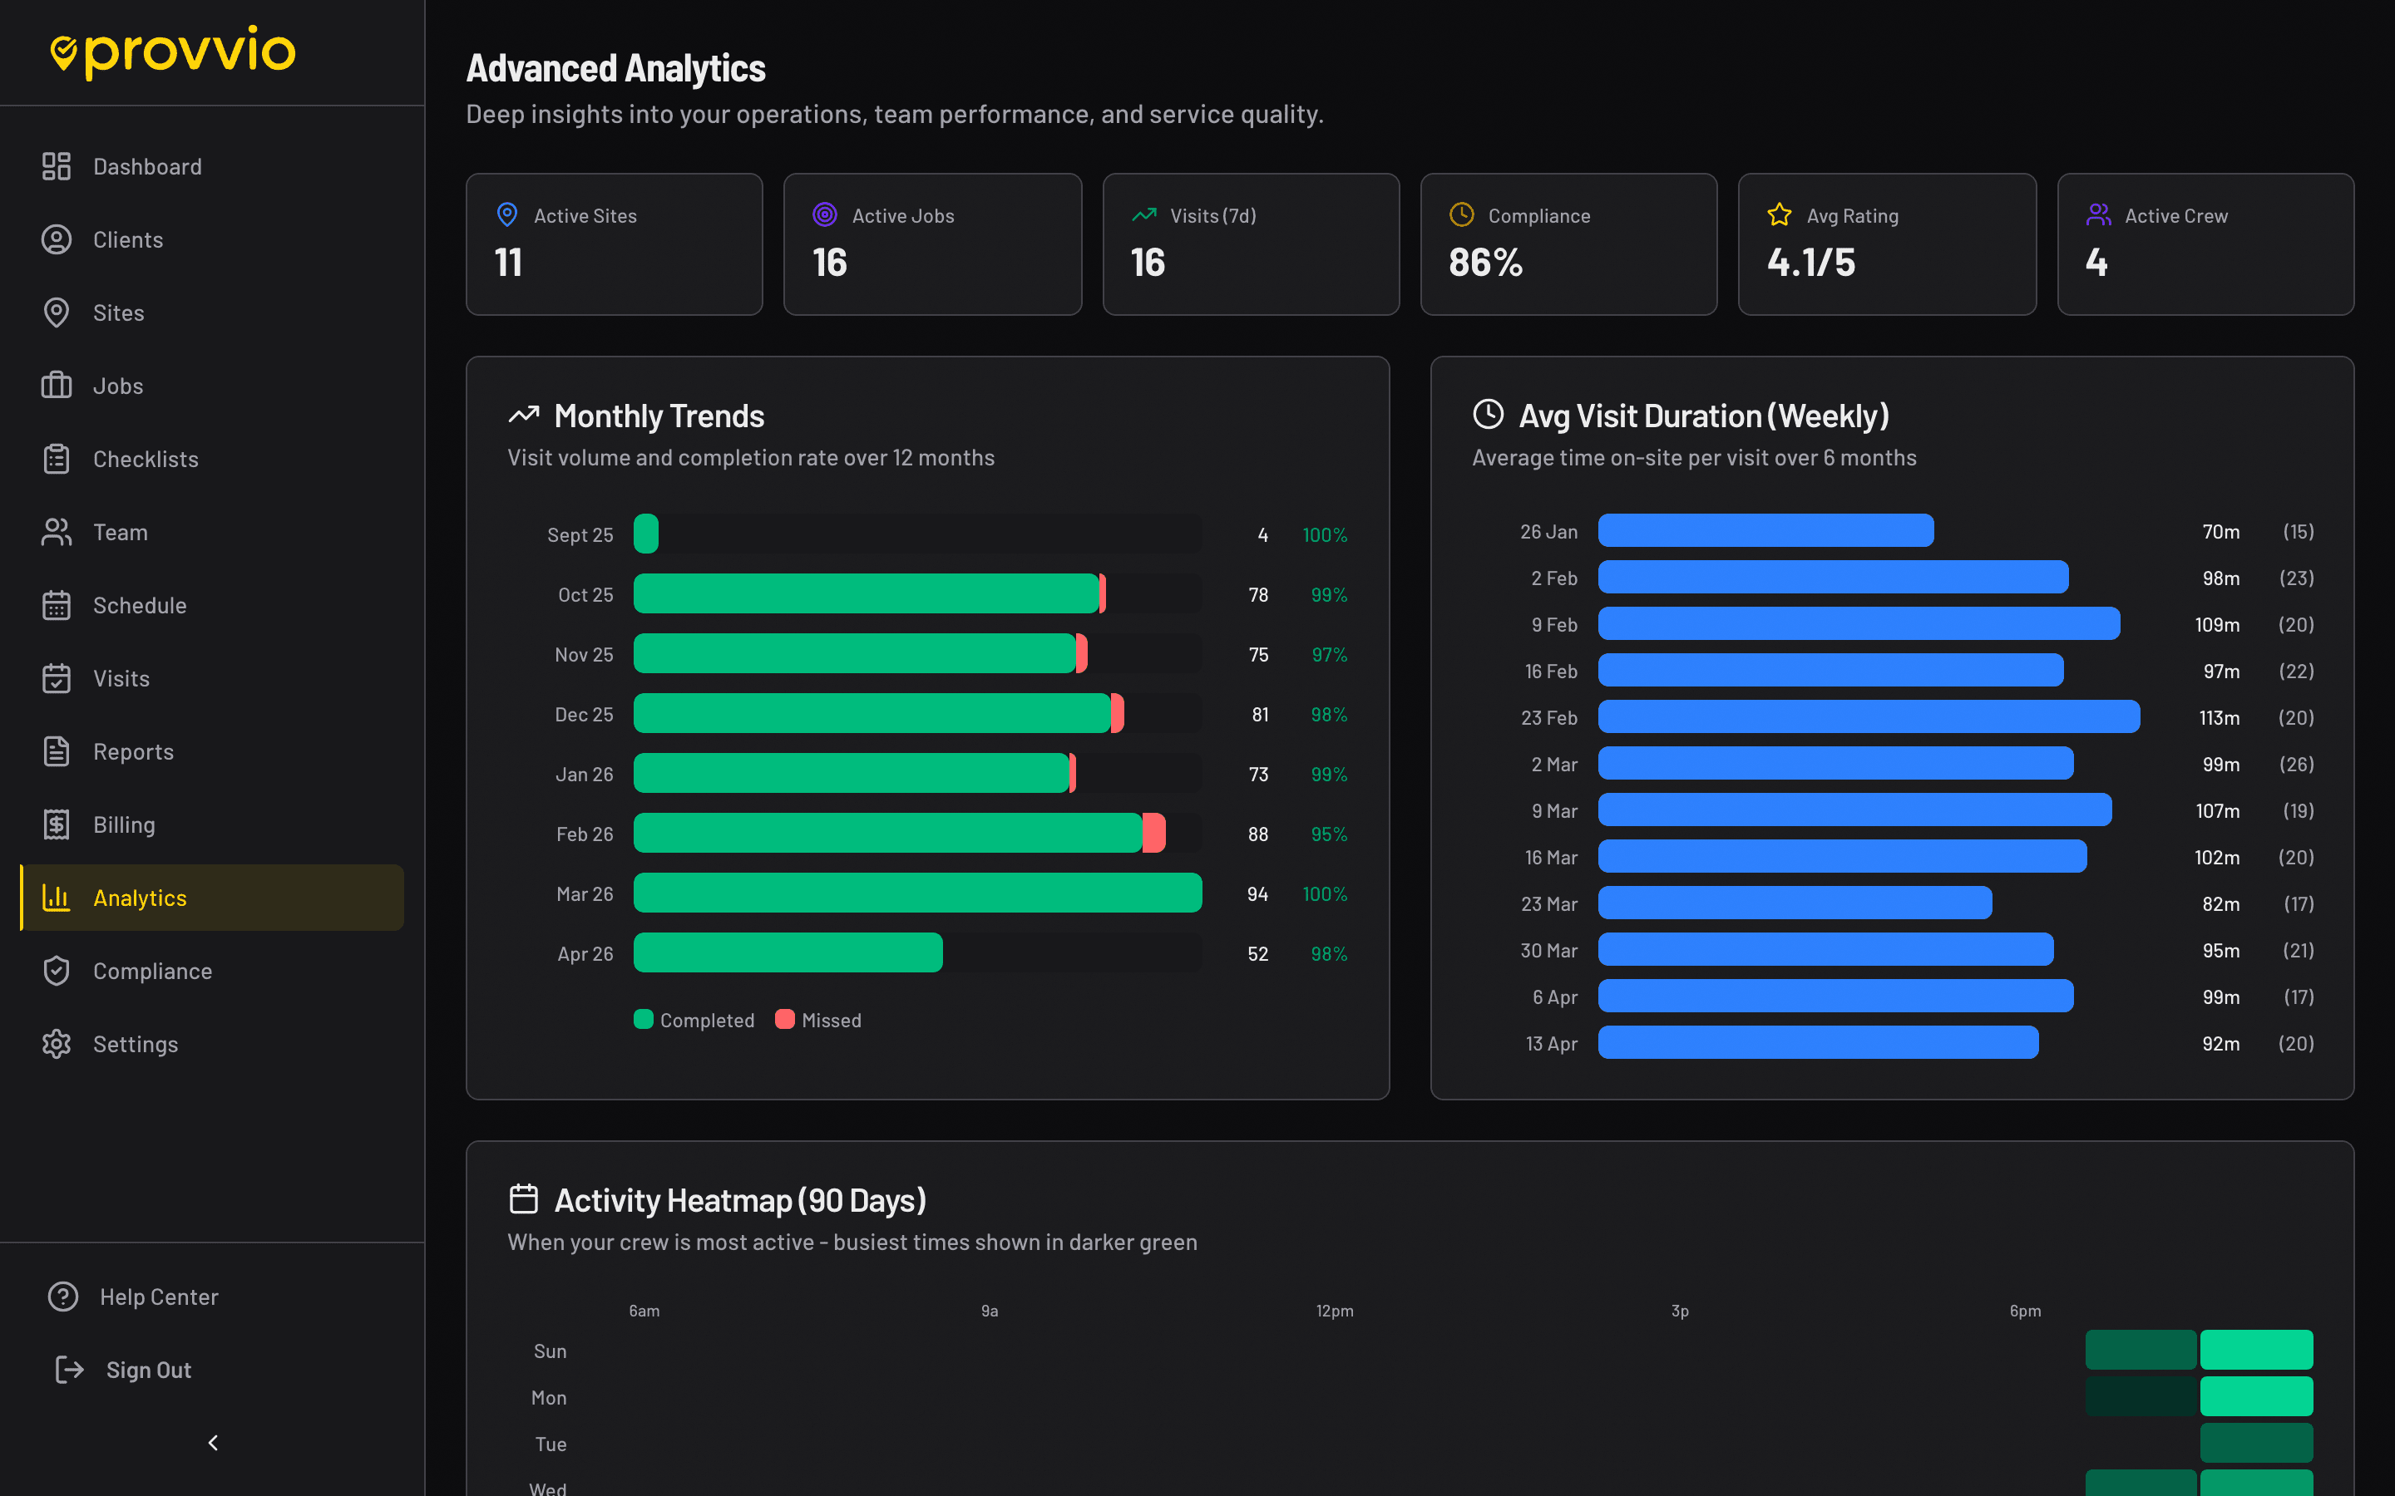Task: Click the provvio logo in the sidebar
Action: click(x=173, y=52)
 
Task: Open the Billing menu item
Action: click(x=124, y=824)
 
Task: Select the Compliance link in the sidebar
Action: click(x=151, y=971)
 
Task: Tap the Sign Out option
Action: click(x=149, y=1370)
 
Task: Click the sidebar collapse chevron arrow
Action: click(x=213, y=1443)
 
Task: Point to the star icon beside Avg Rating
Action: click(x=1779, y=214)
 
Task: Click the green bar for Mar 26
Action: click(x=916, y=893)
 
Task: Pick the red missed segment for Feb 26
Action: click(x=1154, y=833)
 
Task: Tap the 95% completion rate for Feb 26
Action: click(x=1328, y=834)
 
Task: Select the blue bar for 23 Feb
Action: click(x=1868, y=716)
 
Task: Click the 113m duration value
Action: click(x=2219, y=717)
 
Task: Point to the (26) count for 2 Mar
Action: click(x=2296, y=764)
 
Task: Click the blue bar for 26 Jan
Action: click(x=1765, y=530)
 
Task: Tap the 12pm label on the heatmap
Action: click(x=1334, y=1310)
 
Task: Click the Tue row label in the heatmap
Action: click(x=551, y=1444)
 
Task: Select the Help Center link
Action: click(x=158, y=1297)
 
